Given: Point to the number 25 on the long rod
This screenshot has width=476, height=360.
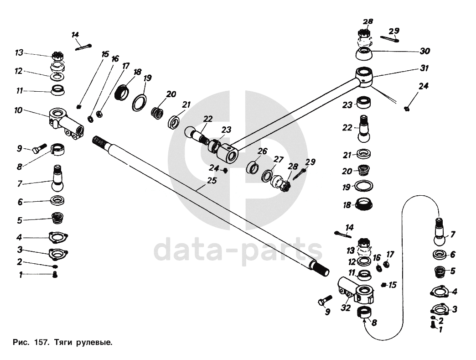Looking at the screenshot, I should tap(211, 181).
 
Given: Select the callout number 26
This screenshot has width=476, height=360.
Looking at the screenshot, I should tap(262, 151).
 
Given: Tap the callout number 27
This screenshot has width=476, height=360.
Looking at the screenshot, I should tap(279, 159).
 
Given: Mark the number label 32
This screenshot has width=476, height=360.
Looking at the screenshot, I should tap(346, 308).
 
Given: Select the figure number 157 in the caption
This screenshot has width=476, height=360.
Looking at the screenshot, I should tap(41, 341).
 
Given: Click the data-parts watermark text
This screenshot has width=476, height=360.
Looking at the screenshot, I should tap(238, 250).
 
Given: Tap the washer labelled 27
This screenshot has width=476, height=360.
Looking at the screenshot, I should tap(267, 175).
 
